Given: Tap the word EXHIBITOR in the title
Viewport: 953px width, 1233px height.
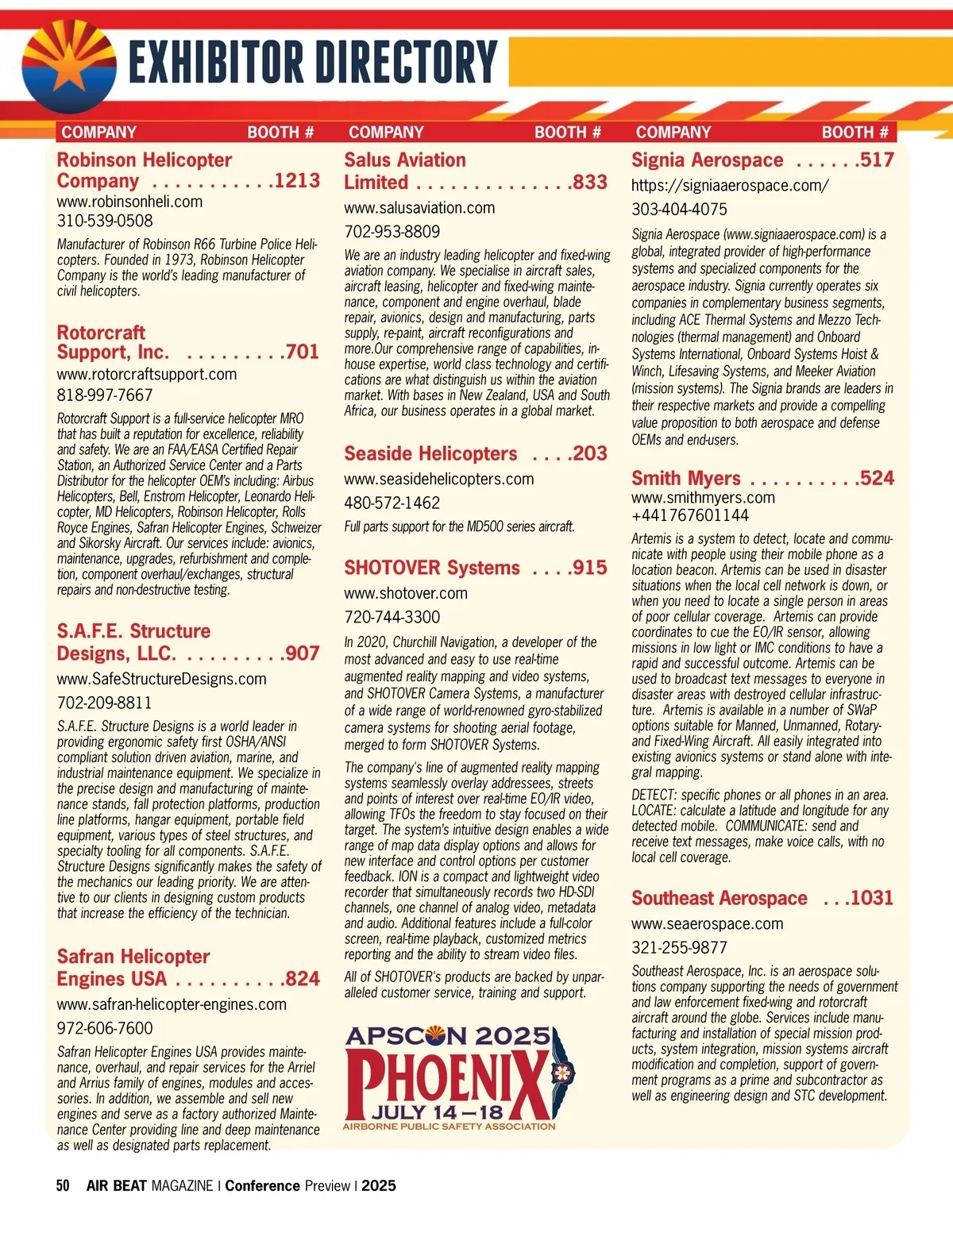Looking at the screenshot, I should coord(214,64).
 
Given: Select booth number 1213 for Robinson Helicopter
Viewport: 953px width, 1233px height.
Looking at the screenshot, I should coord(297,181).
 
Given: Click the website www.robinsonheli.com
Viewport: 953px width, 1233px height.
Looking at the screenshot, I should coord(129,202).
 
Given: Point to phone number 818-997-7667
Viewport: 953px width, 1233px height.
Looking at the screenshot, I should coord(105,395).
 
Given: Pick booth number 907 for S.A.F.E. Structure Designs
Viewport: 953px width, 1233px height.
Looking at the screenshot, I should coord(302,653).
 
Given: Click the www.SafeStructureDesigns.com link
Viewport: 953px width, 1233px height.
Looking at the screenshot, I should coord(161,680).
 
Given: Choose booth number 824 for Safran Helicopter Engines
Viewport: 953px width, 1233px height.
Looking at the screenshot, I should coord(302,979).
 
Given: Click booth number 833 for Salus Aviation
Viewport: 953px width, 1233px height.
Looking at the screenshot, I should coord(589,183).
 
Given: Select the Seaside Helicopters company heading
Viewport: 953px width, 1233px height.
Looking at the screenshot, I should coord(430,454).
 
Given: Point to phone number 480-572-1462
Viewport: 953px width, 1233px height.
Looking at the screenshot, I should coord(392,503).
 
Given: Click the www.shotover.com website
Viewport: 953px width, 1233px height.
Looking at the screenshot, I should coord(405,594).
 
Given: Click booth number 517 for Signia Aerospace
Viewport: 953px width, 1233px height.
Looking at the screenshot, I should coord(876,160).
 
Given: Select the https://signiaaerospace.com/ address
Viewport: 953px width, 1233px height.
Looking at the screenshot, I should coord(730,186).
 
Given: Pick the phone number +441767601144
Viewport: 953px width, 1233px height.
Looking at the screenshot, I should coord(689,515).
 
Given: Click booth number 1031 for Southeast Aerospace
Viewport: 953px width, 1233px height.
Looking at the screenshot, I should coord(871,898).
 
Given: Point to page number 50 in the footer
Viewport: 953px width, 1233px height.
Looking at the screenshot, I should coord(63,1186).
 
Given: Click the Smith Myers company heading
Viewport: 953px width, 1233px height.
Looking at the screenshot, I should coord(685,479).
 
